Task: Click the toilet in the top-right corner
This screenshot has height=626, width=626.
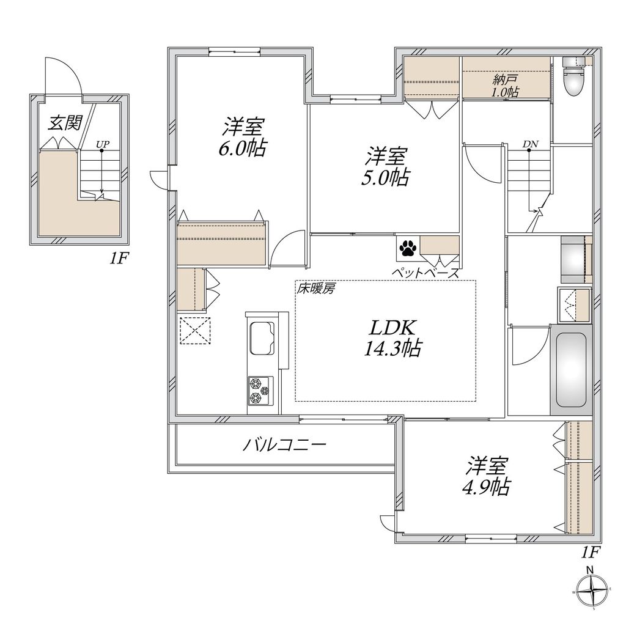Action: [573, 76]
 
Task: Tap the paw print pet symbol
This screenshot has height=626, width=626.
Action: [407, 248]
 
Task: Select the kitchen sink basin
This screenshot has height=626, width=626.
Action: [262, 337]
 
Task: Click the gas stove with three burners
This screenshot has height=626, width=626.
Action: [260, 391]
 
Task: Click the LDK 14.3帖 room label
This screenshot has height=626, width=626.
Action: [393, 337]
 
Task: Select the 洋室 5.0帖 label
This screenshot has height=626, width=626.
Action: [386, 166]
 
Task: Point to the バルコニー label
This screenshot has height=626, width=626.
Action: [285, 444]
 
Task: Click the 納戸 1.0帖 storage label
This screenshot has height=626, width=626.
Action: [505, 86]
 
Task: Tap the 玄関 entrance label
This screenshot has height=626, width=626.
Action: [65, 122]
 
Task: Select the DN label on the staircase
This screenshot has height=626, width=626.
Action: [531, 144]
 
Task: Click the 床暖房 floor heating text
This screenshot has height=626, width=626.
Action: [315, 289]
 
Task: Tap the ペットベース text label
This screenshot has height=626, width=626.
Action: [425, 273]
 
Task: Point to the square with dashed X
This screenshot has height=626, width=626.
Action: [195, 330]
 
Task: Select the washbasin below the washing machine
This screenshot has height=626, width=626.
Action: [575, 304]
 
